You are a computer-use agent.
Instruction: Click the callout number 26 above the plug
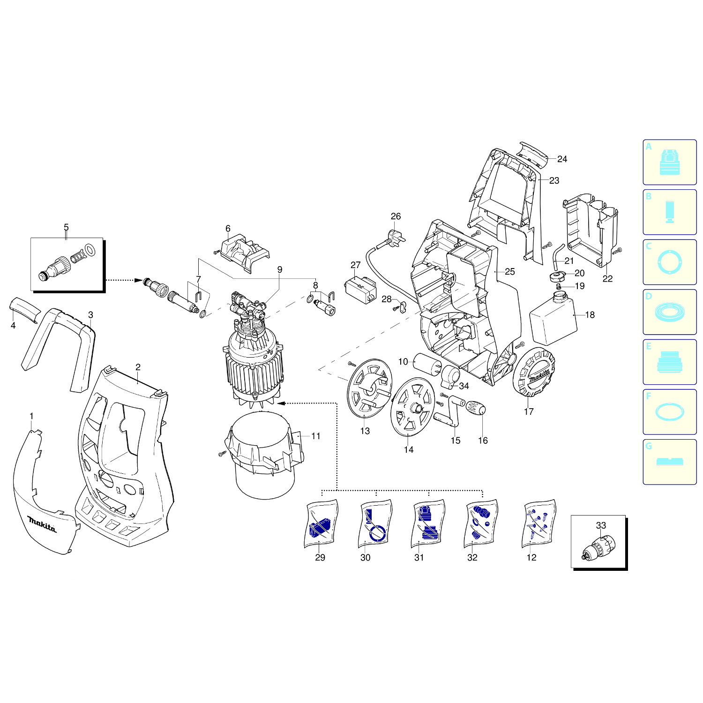[396, 217]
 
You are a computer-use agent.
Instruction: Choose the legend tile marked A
[669, 162]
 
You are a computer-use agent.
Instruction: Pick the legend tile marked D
[669, 312]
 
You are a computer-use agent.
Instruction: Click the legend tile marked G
[669, 462]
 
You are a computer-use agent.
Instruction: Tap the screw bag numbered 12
[539, 523]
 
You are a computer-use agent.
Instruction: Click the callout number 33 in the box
[601, 526]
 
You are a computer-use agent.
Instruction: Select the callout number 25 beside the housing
[510, 272]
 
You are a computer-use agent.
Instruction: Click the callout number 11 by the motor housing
[316, 436]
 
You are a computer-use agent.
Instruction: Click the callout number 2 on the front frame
[138, 367]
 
